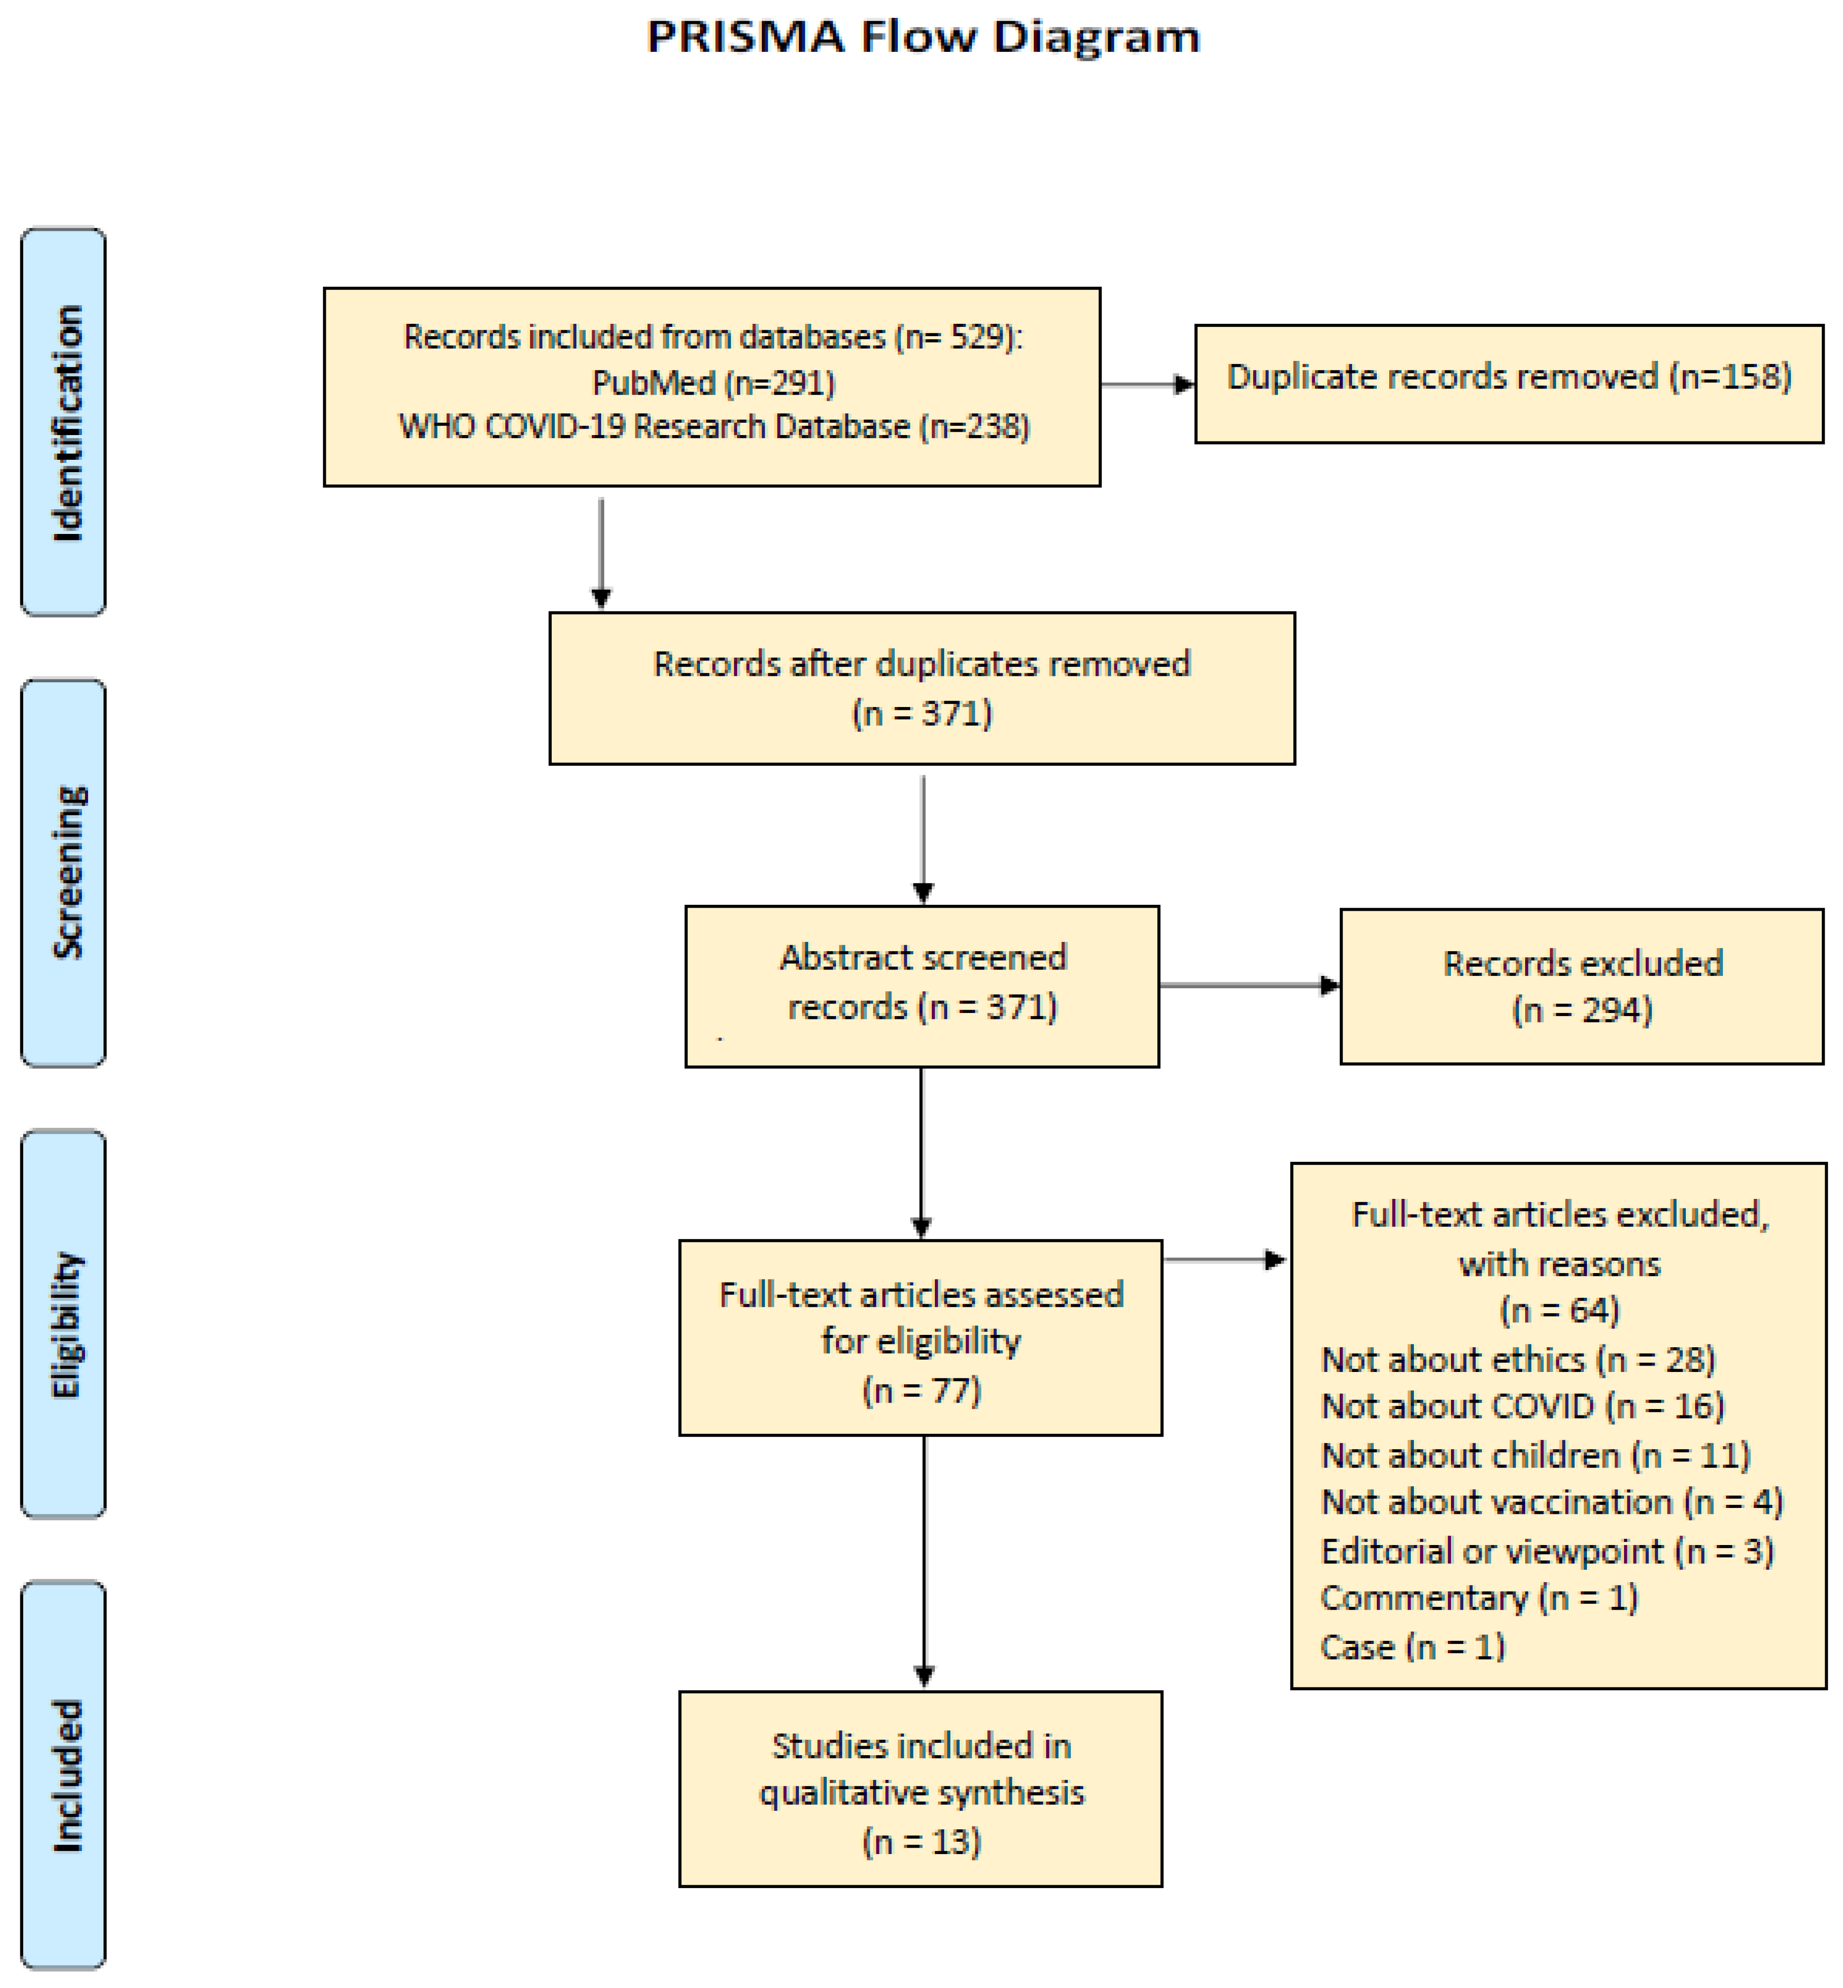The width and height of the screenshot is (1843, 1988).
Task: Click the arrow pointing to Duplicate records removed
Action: tap(1147, 384)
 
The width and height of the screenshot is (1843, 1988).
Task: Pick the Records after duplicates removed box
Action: tap(921, 688)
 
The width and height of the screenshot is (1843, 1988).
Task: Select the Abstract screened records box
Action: tap(921, 985)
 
